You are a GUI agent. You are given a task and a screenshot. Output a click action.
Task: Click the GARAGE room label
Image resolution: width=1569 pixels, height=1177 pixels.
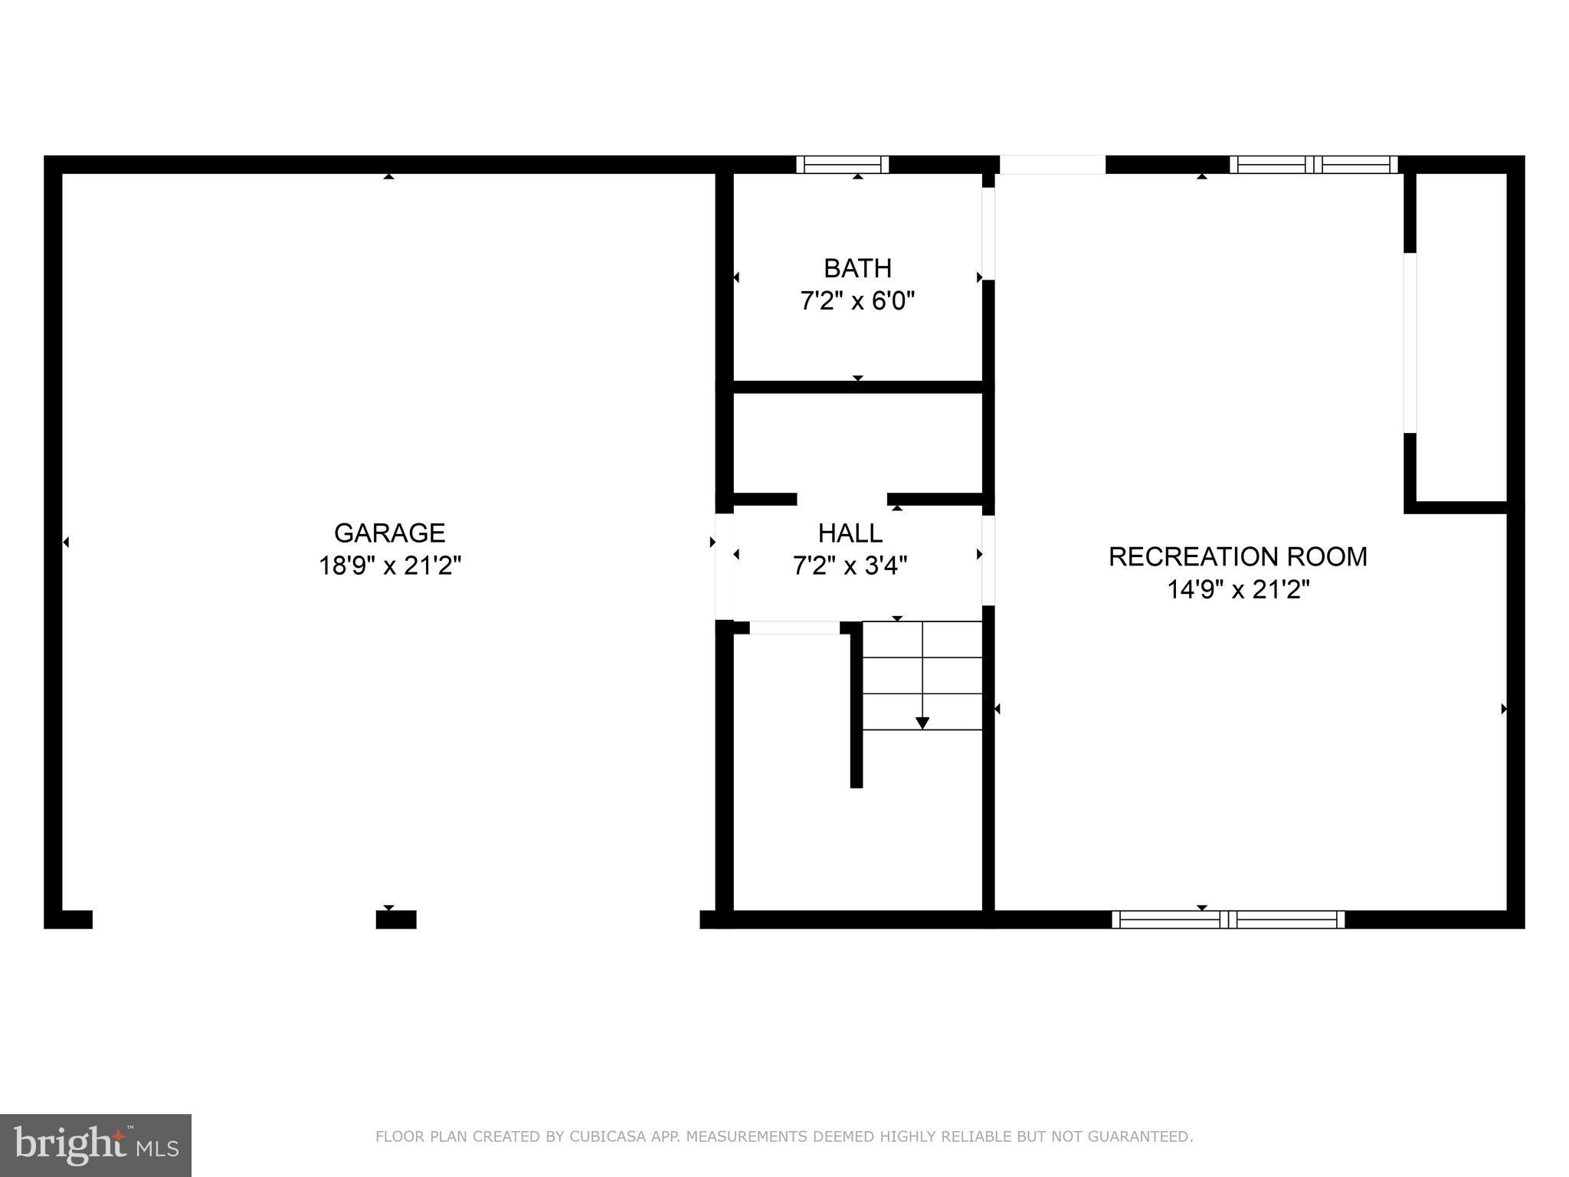(389, 533)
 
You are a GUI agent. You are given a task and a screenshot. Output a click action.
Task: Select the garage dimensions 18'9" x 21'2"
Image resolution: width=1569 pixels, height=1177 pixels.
(389, 566)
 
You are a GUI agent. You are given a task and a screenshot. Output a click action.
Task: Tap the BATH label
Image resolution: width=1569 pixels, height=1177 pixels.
(857, 268)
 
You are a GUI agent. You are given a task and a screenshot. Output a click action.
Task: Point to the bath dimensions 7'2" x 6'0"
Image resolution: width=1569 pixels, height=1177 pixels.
(857, 301)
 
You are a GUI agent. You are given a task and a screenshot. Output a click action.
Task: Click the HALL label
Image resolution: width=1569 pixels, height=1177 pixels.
(850, 533)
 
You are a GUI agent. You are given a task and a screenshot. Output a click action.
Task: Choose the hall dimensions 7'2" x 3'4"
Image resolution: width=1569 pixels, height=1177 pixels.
(850, 566)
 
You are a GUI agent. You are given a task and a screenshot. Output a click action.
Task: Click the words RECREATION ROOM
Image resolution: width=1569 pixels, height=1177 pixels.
(1237, 556)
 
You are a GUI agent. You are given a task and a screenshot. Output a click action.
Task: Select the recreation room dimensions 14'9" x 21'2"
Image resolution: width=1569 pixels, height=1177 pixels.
(1237, 589)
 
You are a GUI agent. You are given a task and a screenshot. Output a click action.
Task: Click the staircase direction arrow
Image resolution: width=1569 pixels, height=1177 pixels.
(922, 722)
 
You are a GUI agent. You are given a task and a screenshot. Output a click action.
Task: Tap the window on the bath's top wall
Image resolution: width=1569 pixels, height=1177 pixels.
(842, 164)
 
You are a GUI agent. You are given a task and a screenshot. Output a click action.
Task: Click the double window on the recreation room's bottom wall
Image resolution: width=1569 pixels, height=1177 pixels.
(1227, 920)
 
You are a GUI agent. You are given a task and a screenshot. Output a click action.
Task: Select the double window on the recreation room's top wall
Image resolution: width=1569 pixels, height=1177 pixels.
(1313, 164)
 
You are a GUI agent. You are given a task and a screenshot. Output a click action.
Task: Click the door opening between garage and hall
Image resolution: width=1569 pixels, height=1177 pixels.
(724, 566)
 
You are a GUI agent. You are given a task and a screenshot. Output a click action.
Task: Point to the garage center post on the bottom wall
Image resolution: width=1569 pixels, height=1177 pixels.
(396, 920)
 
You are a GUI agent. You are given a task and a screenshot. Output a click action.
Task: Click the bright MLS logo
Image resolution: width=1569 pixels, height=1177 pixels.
(95, 1146)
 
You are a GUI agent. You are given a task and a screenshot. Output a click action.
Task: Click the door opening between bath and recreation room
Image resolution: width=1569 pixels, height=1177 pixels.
(988, 234)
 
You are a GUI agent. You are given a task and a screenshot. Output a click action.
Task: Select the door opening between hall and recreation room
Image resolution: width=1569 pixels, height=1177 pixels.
(988, 560)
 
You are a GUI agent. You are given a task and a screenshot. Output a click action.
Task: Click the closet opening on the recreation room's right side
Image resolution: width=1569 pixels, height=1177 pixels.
(1410, 343)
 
